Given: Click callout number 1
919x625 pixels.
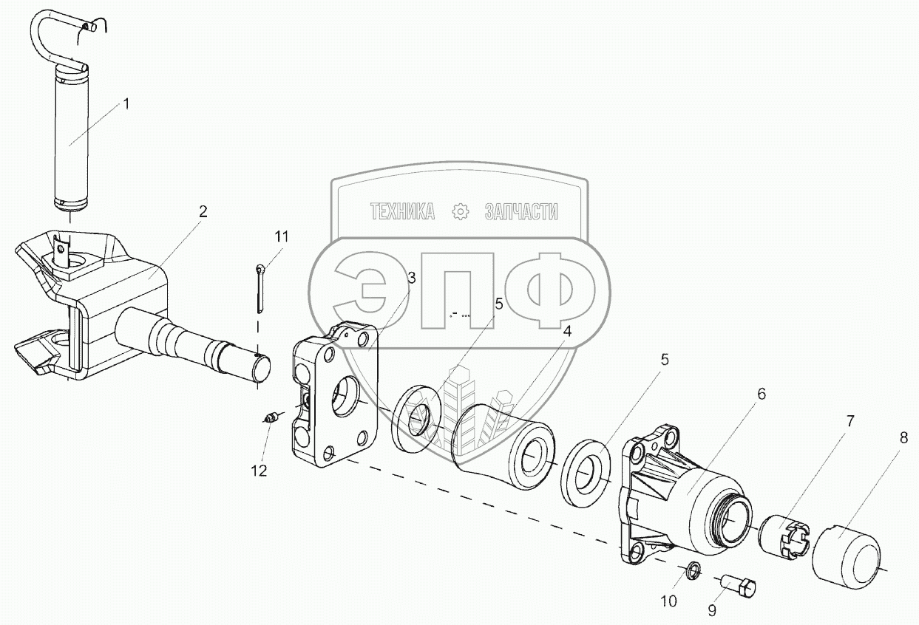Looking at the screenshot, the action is (x=126, y=103).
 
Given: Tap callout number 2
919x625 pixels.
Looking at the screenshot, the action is (x=203, y=211).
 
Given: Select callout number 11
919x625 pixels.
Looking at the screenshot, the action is (x=282, y=236).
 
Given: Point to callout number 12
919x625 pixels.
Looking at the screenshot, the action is (x=259, y=470).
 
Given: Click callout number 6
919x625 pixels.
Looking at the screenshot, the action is (x=761, y=394).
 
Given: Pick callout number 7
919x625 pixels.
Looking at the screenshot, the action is (x=850, y=422).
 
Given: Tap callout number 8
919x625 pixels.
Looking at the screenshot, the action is (x=903, y=437).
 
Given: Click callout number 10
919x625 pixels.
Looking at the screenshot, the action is (x=668, y=601).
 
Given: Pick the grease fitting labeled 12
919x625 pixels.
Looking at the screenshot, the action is (x=271, y=419).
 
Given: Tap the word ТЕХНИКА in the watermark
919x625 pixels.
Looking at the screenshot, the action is (x=402, y=213).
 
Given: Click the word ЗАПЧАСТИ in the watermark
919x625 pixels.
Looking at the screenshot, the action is (x=521, y=213).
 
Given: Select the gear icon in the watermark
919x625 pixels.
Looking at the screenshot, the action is (x=461, y=213).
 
